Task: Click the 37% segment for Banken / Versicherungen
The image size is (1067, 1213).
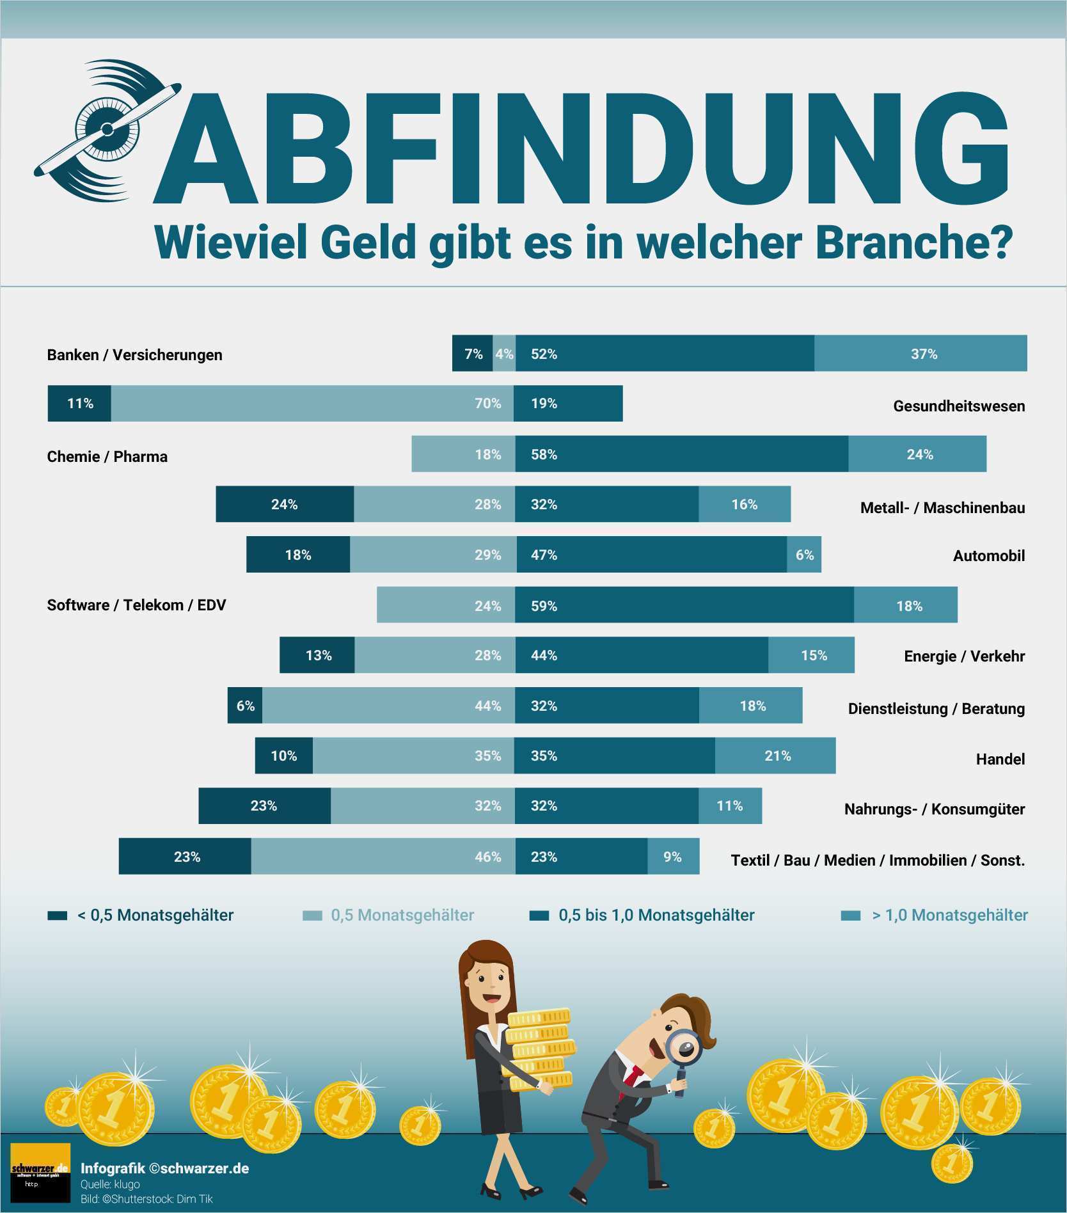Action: pos(921,353)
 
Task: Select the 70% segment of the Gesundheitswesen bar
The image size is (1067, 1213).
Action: pos(312,404)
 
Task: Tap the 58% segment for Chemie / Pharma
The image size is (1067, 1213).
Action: pos(682,454)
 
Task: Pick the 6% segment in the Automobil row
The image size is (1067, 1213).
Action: pos(804,555)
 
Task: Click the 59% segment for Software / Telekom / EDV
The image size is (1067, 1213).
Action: pos(684,605)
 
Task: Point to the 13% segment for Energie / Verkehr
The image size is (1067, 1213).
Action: pos(317,655)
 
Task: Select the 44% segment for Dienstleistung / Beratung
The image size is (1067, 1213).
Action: pos(388,706)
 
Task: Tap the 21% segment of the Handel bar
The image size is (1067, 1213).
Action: pos(775,756)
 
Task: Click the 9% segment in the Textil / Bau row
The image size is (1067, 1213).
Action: pos(673,857)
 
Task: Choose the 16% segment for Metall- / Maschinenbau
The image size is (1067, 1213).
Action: pos(744,504)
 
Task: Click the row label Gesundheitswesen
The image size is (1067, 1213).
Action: pos(958,406)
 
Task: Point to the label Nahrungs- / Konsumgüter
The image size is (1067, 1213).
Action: pos(934,809)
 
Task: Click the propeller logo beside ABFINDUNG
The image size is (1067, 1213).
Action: pos(107,129)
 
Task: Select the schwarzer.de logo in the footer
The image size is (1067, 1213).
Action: pos(40,1172)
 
